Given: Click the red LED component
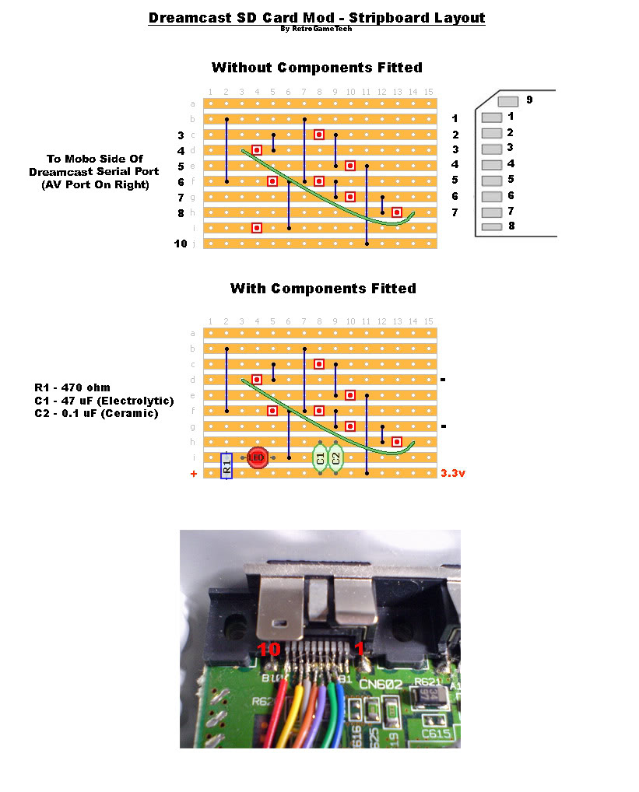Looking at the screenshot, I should tap(256, 457).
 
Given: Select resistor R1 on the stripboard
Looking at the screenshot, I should tap(226, 466).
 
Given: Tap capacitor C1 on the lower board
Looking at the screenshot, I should tap(320, 457).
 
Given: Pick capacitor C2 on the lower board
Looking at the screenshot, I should tap(335, 457).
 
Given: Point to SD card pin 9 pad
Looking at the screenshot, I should tap(507, 101).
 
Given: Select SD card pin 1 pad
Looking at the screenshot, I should tap(492, 117).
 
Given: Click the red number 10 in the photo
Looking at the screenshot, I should tap(269, 649).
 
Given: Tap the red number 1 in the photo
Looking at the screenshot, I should tap(360, 649).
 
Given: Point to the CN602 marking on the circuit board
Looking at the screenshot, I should tap(380, 684).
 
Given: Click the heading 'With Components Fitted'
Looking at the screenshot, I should tap(323, 289).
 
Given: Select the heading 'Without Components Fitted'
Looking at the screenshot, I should tap(317, 68).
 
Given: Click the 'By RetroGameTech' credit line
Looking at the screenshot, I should tap(317, 29).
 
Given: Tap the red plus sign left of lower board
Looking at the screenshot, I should tap(194, 473).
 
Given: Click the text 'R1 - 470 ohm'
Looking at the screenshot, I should tap(72, 387).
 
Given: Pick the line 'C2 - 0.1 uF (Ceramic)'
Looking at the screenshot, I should tap(96, 413).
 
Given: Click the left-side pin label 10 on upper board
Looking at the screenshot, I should tap(181, 244).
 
